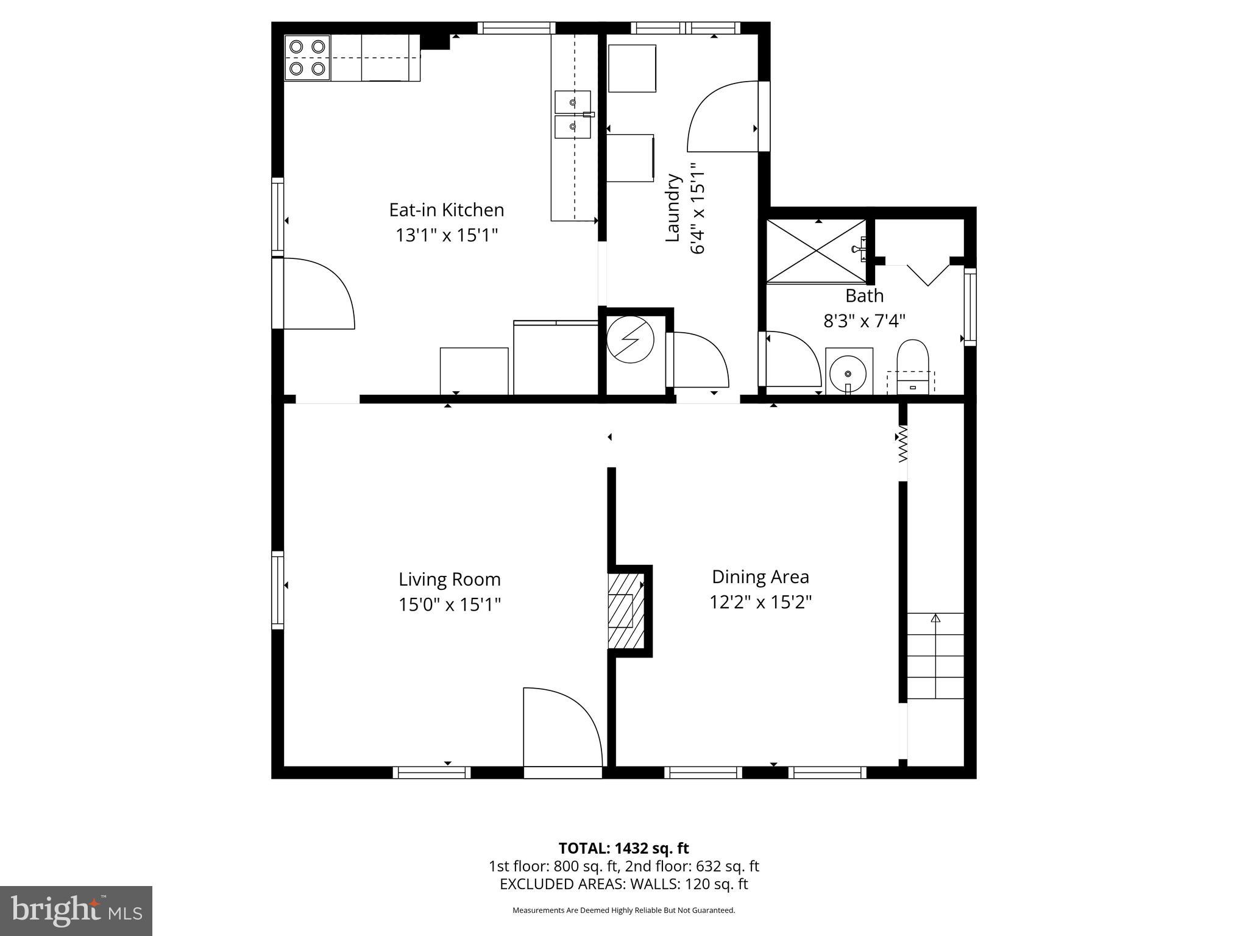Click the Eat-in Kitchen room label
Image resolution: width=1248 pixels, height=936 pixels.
[x=447, y=210]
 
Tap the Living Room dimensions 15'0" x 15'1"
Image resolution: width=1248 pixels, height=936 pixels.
[x=450, y=604]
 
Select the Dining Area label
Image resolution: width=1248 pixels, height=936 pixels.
[x=760, y=576]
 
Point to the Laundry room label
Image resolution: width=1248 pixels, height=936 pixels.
[x=673, y=208]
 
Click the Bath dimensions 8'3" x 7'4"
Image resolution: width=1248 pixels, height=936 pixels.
[x=864, y=321]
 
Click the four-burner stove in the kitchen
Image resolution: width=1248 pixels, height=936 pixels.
[x=308, y=58]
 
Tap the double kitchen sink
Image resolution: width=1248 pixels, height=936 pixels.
[x=572, y=115]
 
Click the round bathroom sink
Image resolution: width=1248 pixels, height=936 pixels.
[x=848, y=372]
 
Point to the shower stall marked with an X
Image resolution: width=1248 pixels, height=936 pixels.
[x=815, y=251]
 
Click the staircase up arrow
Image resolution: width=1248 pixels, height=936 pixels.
[x=935, y=619]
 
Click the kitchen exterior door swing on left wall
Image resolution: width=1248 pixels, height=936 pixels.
[x=318, y=294]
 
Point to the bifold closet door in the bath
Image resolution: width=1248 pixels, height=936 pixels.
[x=927, y=274]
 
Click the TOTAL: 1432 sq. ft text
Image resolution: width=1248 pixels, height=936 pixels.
[x=623, y=848]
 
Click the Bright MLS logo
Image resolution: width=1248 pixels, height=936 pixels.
[x=76, y=910]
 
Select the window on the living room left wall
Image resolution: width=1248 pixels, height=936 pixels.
[x=278, y=590]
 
